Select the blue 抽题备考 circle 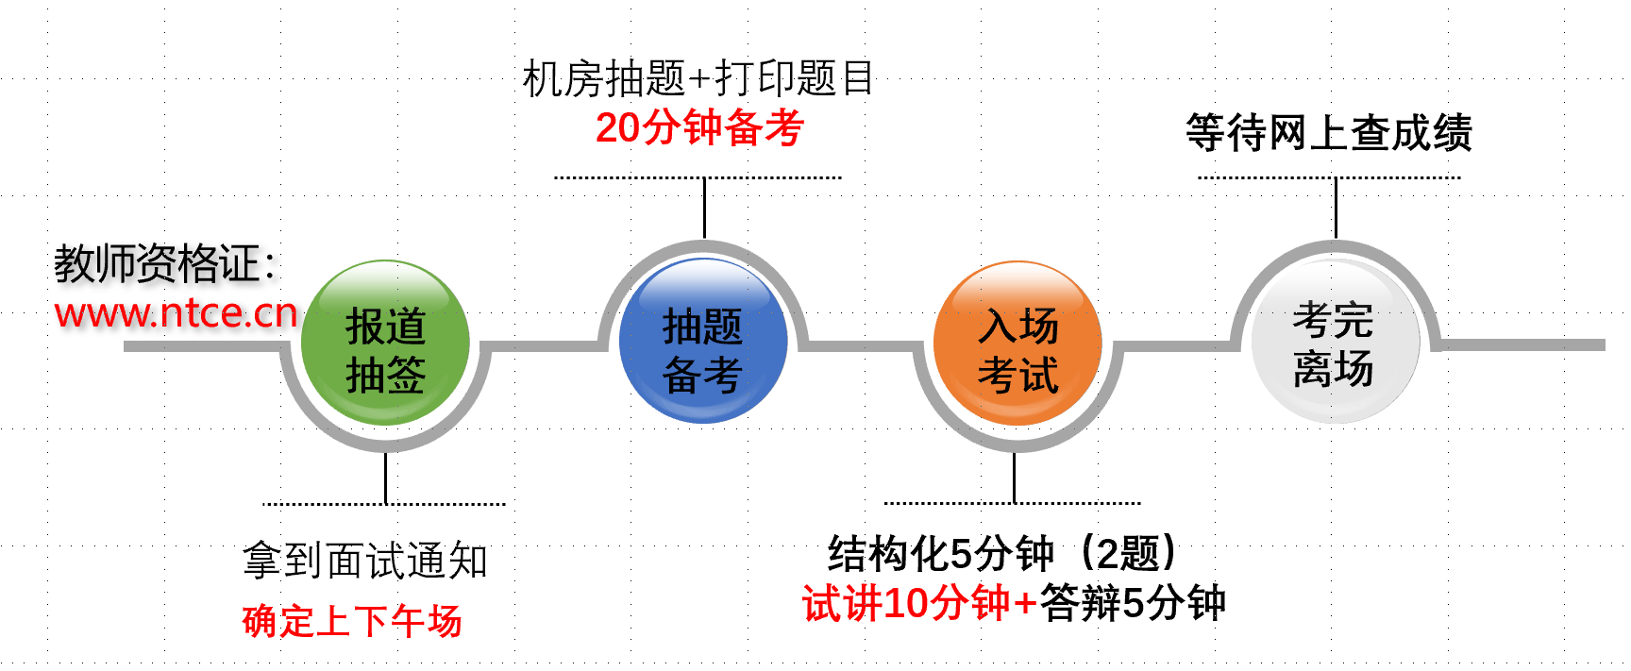pyautogui.click(x=702, y=342)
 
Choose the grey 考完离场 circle pyautogui.click(x=1335, y=342)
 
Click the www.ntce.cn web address pyautogui.click(x=177, y=313)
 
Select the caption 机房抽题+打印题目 pyautogui.click(x=698, y=78)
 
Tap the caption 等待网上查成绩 pyautogui.click(x=1329, y=133)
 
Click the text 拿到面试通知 pyautogui.click(x=365, y=562)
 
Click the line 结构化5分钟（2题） pyautogui.click(x=1002, y=553)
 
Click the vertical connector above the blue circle pyautogui.click(x=704, y=208)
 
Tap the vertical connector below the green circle pyautogui.click(x=385, y=478)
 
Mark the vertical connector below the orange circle pyautogui.click(x=1014, y=478)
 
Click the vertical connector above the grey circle pyautogui.click(x=1336, y=208)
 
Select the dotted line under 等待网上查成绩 pyautogui.click(x=1329, y=177)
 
